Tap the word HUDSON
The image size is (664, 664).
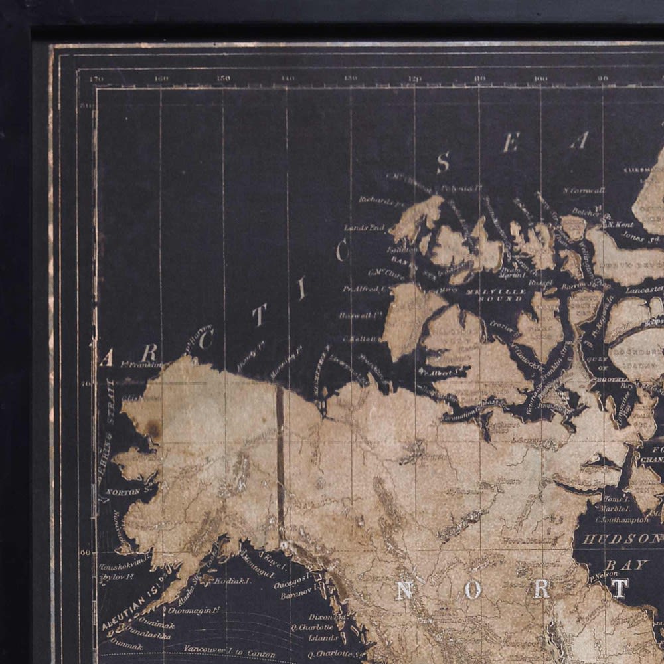pos(622,539)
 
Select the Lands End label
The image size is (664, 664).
pos(365,228)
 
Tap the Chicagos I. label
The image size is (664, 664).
pos(290,578)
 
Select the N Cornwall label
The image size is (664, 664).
pos(584,191)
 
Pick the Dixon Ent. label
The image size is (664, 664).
pos(327,617)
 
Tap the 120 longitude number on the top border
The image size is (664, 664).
pos(415,78)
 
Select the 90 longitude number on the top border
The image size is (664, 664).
pos(603,78)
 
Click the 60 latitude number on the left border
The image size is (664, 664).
pos(85,552)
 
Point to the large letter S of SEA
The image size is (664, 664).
pos(443,162)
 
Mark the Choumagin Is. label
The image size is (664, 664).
pos(194,610)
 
